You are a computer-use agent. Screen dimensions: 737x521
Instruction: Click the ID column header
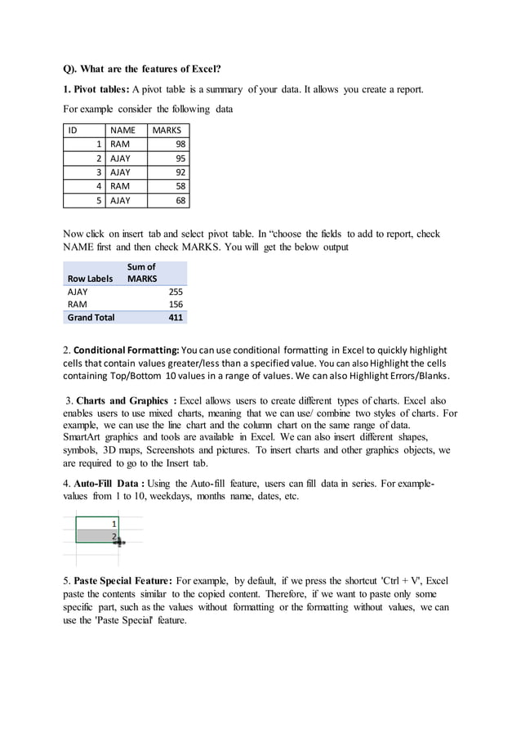[x=73, y=130]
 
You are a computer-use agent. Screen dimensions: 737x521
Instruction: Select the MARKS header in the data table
[x=167, y=130]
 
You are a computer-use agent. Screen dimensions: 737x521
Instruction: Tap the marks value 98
[x=179, y=144]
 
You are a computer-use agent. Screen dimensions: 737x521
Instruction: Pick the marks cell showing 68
[x=179, y=200]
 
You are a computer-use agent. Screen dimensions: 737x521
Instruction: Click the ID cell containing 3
[x=98, y=172]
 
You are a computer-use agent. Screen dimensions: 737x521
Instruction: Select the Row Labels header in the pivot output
[x=90, y=279]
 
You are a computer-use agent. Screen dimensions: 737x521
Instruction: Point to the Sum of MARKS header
[x=141, y=273]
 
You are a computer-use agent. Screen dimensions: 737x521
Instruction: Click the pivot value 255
[x=175, y=292]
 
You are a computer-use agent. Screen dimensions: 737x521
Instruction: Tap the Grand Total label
[x=91, y=317]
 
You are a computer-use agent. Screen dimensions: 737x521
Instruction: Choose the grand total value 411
[x=175, y=317]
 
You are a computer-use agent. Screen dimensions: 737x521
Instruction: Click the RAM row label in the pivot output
[x=76, y=304]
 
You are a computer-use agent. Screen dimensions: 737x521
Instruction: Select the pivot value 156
[x=175, y=304]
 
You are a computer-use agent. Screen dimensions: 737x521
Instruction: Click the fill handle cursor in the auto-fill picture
[x=120, y=541]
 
